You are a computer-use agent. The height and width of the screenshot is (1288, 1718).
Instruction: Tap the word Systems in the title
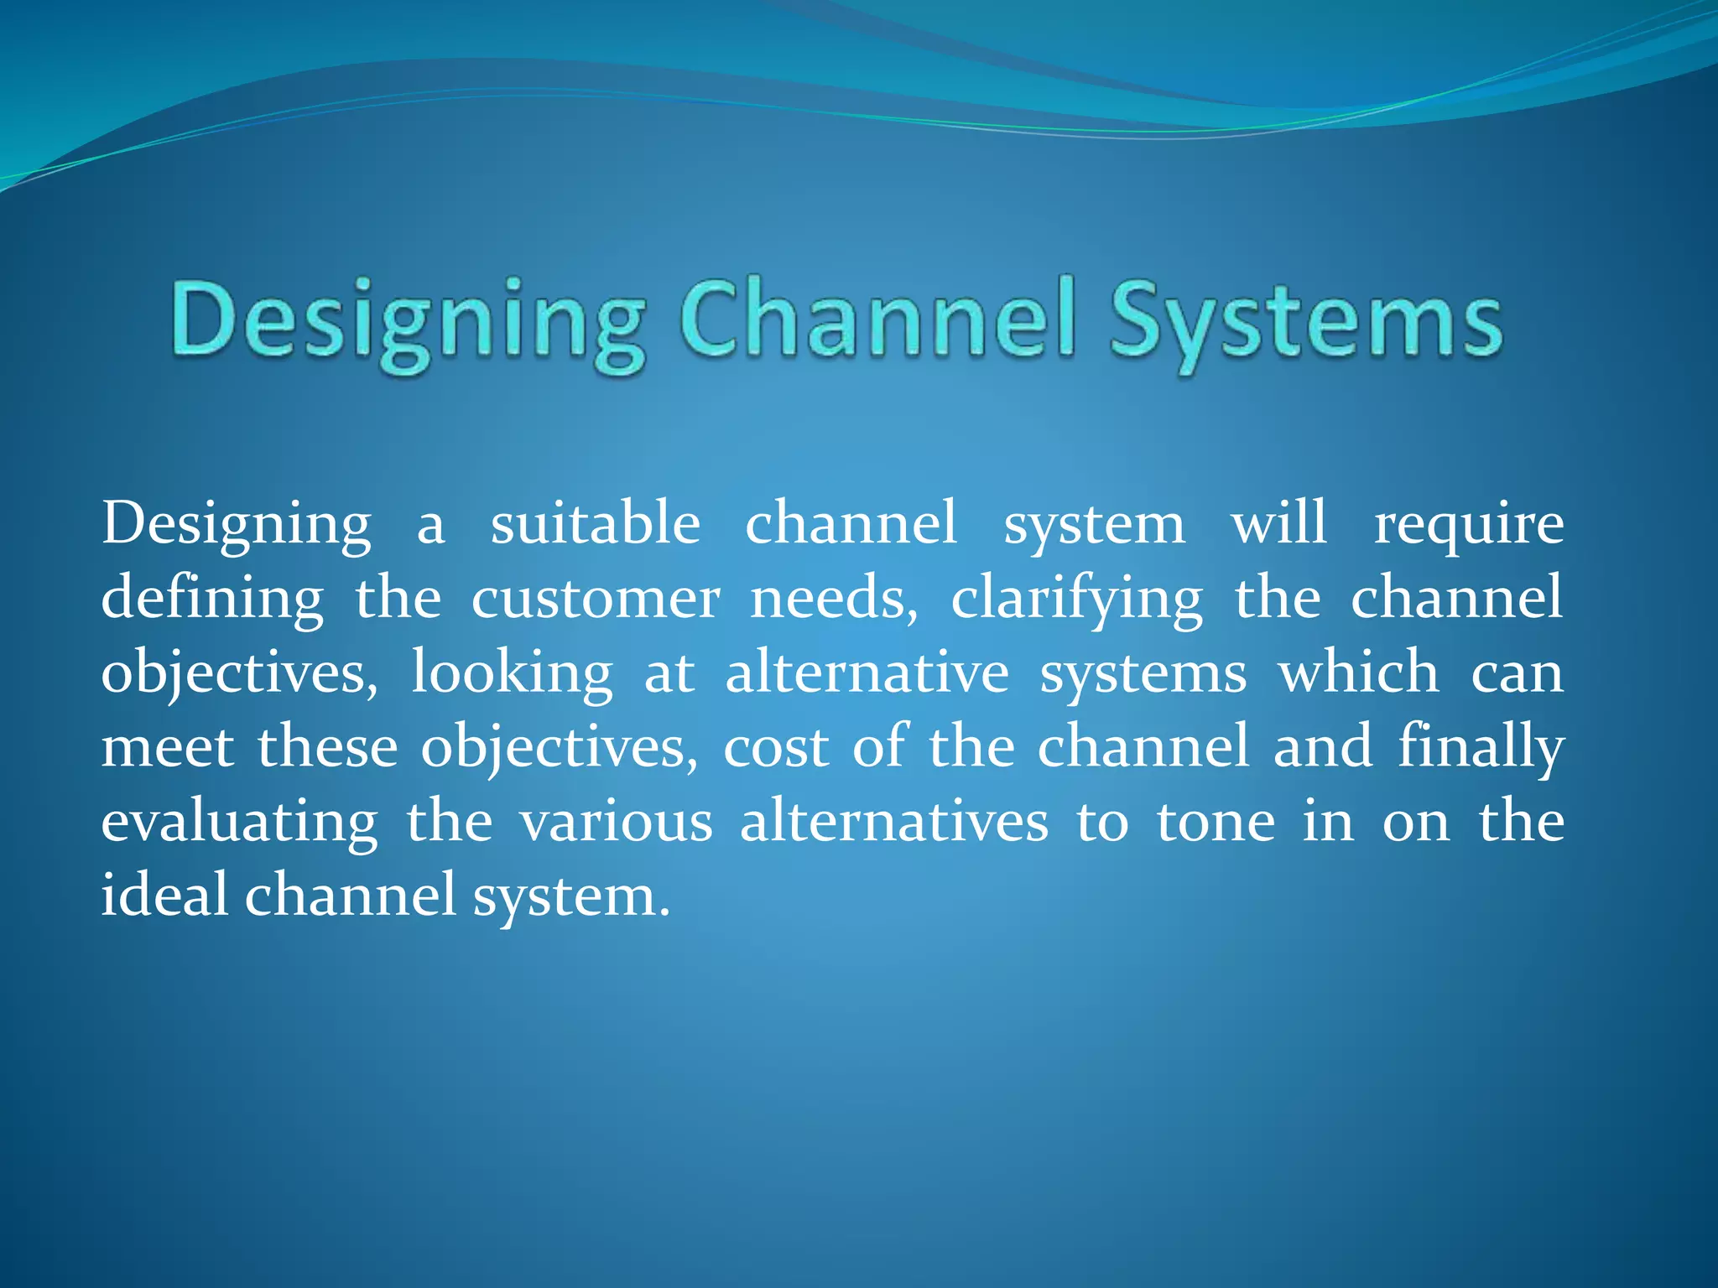click(1305, 325)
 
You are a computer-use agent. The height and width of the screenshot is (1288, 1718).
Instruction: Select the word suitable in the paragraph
click(595, 523)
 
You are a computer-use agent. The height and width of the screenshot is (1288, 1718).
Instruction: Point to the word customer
click(595, 599)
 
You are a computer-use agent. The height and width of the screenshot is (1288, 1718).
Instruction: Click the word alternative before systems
click(867, 673)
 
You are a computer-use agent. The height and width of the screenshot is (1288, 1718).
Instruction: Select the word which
click(1358, 673)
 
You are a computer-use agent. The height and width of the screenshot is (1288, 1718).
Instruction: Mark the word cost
click(775, 747)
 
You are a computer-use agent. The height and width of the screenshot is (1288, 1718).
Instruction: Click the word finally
click(1481, 747)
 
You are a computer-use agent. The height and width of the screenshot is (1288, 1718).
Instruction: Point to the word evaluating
click(239, 823)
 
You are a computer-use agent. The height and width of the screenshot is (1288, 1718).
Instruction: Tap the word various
click(617, 821)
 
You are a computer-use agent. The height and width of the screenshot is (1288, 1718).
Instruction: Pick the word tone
click(1216, 821)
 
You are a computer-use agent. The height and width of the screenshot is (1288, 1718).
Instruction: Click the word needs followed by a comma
click(832, 599)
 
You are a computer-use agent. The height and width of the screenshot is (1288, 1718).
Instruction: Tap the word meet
click(167, 747)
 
